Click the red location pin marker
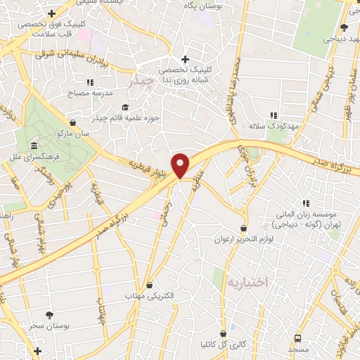[x=181, y=165]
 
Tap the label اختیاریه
[x=243, y=283]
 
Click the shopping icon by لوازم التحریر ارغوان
[x=243, y=228]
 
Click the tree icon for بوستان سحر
[x=49, y=315]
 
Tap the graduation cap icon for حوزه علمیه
[x=124, y=108]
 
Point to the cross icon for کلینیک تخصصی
[x=185, y=59]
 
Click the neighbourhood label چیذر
[x=141, y=83]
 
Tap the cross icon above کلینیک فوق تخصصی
[x=51, y=13]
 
